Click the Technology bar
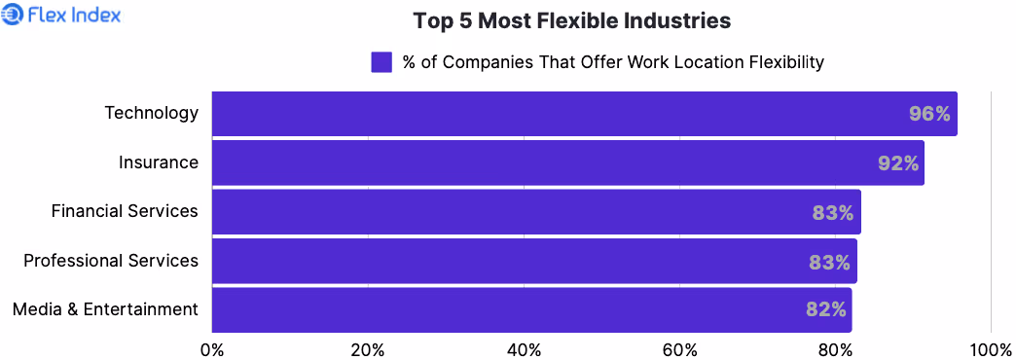coord(584,114)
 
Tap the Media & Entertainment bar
coord(531,309)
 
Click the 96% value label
coord(929,115)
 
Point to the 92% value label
coord(898,163)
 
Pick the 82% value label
coord(826,310)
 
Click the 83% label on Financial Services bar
coord(833,212)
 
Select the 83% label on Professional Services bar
coord(830,262)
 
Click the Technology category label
coord(152,113)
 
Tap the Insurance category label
coord(159,162)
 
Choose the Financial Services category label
coord(125,211)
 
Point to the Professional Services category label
coord(111,261)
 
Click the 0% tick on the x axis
coord(211,348)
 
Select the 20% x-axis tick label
coord(368,348)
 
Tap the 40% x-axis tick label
coord(524,348)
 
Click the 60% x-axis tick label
coord(679,348)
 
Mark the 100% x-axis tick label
coord(991,348)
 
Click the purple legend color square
coord(381,62)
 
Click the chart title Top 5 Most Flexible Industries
coord(571,20)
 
